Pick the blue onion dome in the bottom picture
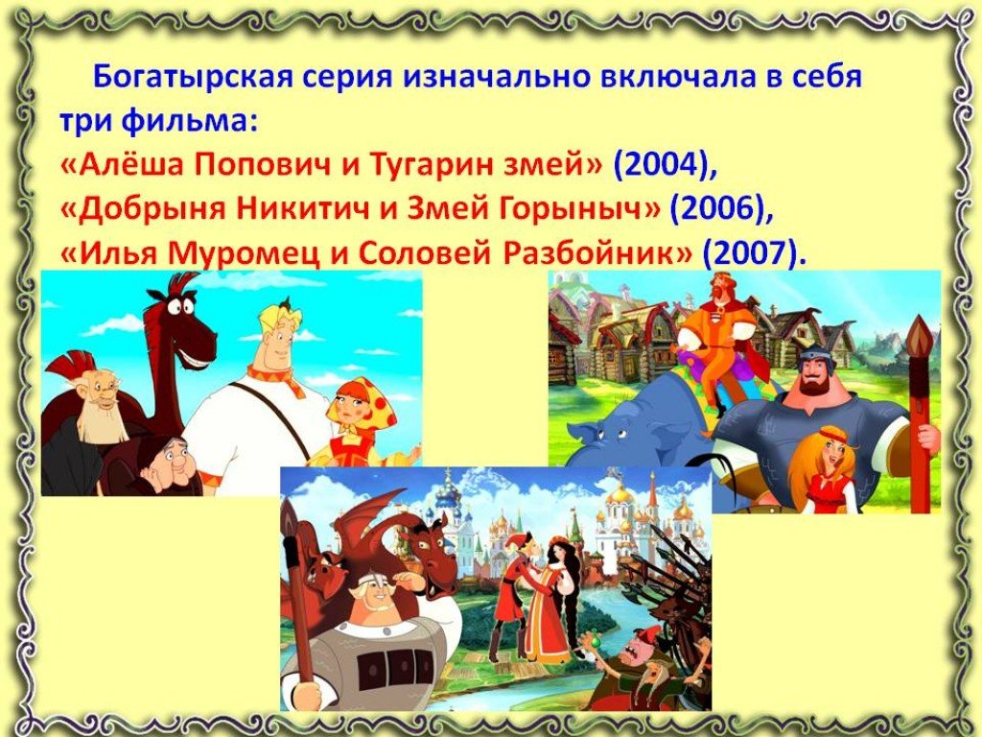(447, 499)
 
